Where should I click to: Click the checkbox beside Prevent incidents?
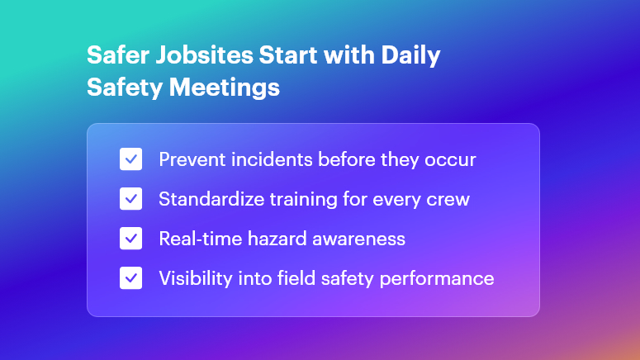pos(130,159)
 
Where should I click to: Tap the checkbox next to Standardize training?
pos(130,199)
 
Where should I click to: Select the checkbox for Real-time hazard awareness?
pos(130,239)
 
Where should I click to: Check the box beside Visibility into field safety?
pos(130,278)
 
